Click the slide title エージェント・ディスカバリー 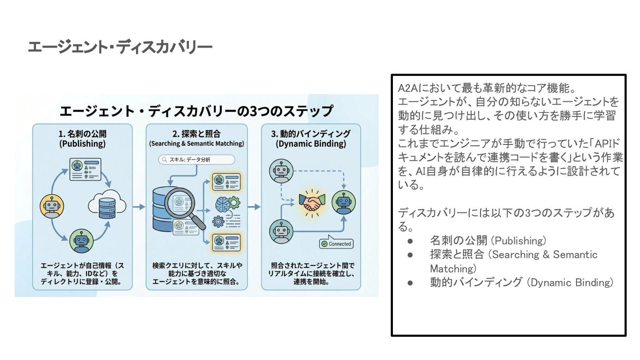pos(120,47)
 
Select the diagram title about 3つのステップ pos(196,111)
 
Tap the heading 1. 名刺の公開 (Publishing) pos(83,138)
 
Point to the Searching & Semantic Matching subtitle pos(196,144)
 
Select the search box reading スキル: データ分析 pos(196,160)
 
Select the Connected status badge pos(336,244)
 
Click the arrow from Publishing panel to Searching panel pos(139,207)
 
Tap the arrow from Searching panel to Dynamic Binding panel pos(254,207)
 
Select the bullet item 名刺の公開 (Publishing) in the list pos(488,241)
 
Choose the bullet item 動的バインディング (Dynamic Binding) pos(521,282)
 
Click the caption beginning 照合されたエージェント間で pos(311,273)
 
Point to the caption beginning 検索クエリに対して pos(196,273)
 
